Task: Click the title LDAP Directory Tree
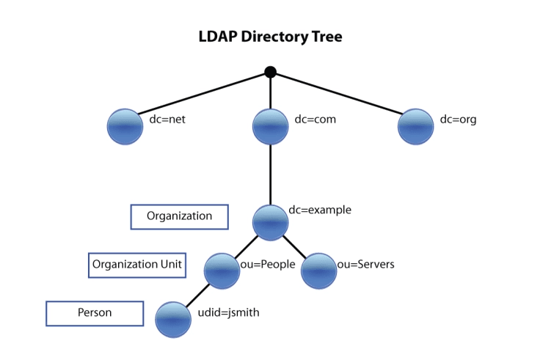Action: point(270,36)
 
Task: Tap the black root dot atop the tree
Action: point(270,72)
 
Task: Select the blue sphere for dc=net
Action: point(125,126)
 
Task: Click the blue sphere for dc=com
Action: point(270,126)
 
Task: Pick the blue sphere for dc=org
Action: point(415,126)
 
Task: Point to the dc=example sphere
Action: point(270,222)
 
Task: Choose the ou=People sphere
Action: point(222,271)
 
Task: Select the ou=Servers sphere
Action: point(318,271)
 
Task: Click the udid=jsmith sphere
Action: point(173,319)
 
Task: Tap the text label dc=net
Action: point(167,119)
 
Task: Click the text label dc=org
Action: point(458,119)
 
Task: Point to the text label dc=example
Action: point(320,210)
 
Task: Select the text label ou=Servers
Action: point(365,264)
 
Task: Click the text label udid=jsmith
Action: point(229,312)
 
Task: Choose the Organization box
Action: point(179,216)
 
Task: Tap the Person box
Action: point(95,313)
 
